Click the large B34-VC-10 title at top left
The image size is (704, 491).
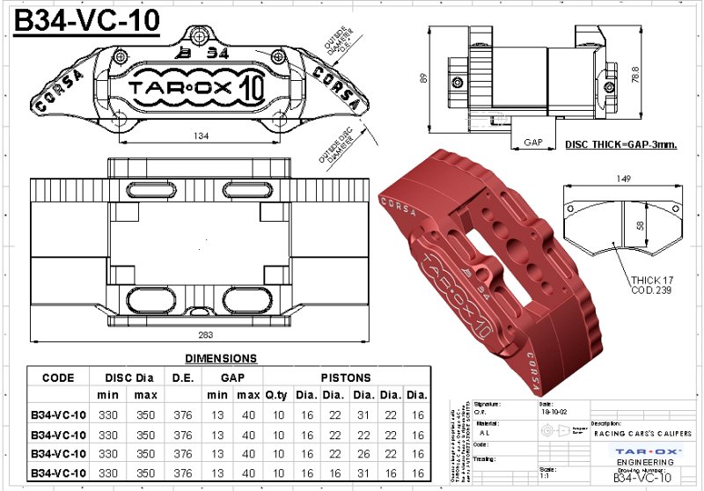tap(86, 21)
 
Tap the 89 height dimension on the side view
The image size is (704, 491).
tap(424, 78)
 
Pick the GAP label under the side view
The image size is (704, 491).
tap(533, 142)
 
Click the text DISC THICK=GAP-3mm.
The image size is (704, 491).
tap(620, 144)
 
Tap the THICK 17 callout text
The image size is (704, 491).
tap(651, 280)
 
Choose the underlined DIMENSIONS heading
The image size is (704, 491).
tap(221, 358)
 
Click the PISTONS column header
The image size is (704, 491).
tap(345, 377)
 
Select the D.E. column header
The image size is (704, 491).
tap(182, 377)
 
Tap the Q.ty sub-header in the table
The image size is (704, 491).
tap(275, 394)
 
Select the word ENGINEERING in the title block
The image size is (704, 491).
tap(645, 460)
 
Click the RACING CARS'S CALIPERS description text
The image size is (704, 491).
tap(642, 434)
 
